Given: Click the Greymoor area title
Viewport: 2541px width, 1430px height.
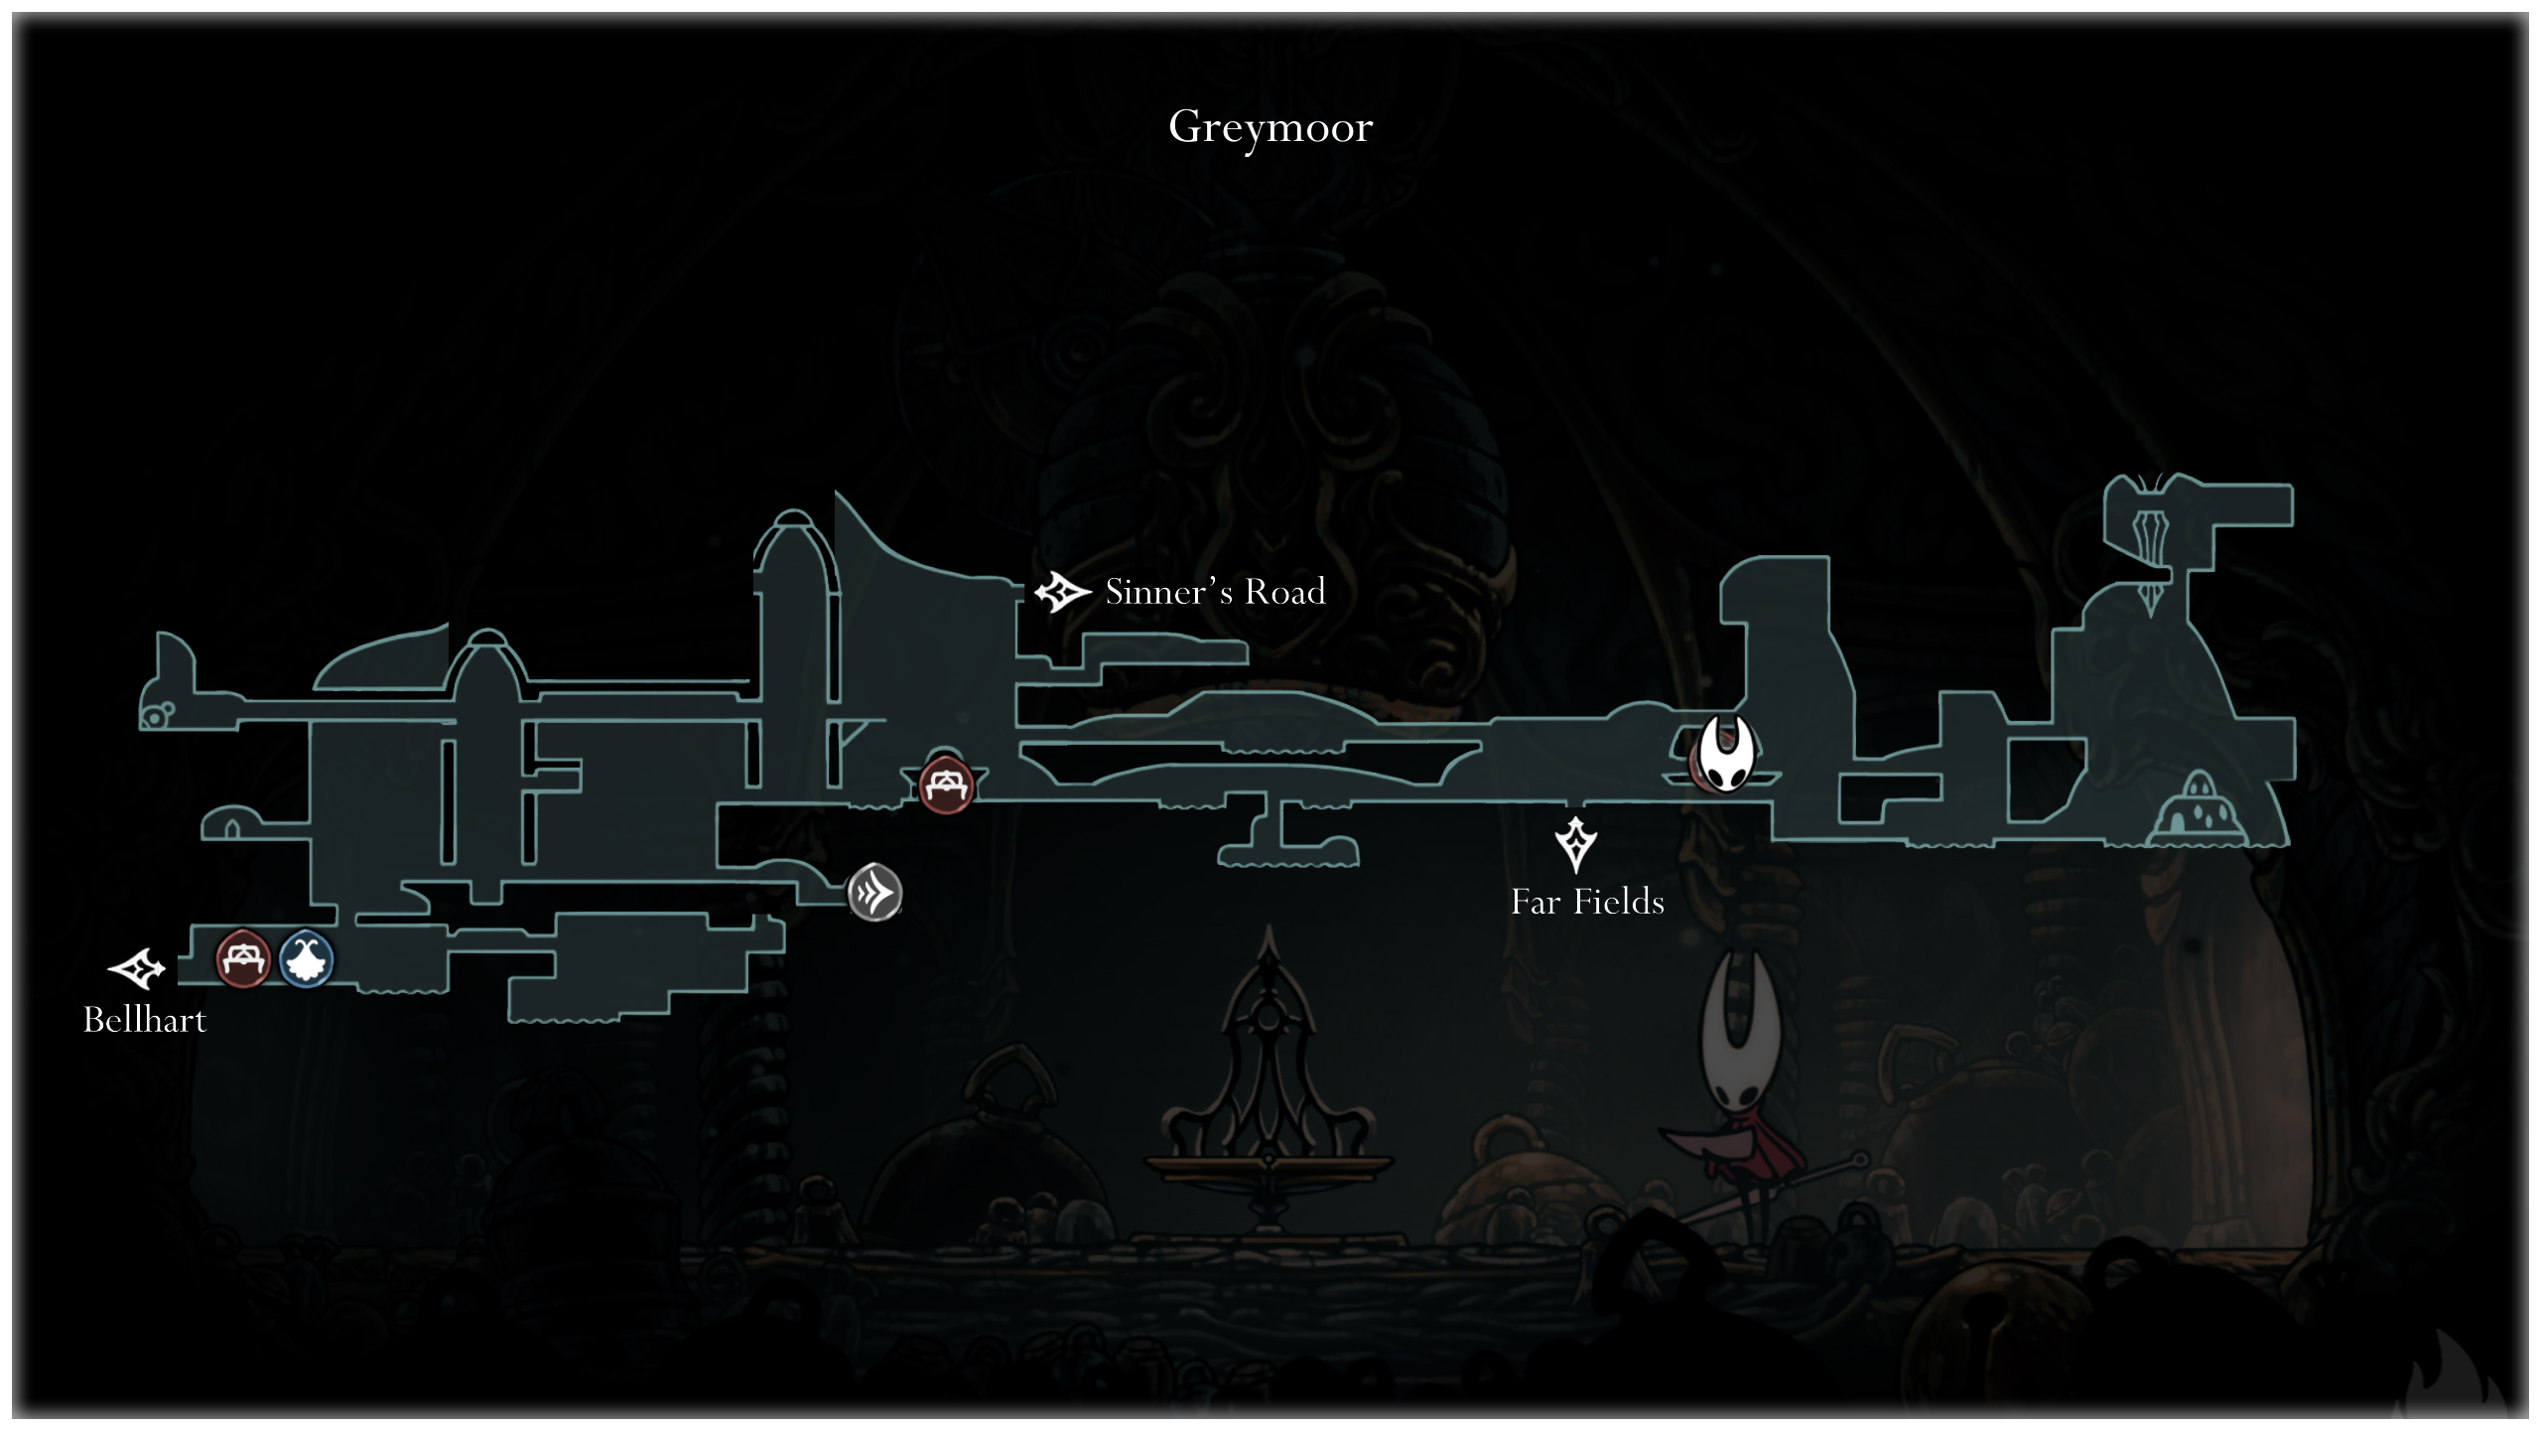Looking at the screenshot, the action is click(1270, 127).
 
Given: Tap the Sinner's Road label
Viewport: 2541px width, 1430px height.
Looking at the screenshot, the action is click(1215, 592).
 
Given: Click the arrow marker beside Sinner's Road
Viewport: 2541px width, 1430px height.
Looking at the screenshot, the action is click(1061, 592).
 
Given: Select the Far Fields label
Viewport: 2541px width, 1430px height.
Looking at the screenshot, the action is click(1586, 902).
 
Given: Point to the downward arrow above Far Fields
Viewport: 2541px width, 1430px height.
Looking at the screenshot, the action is click(1575, 844).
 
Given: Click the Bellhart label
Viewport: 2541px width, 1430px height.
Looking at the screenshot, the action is click(145, 1020).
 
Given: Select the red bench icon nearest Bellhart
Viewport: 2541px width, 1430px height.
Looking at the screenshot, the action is click(242, 959).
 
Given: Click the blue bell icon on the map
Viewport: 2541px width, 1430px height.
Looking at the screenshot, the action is click(306, 959).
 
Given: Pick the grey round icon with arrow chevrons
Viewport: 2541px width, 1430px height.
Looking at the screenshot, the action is click(874, 893).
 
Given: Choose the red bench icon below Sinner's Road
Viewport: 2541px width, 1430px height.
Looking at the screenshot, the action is click(945, 786).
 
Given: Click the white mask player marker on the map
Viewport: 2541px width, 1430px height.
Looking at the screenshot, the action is click(1725, 755).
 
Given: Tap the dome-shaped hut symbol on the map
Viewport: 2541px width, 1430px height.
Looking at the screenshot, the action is click(2199, 809).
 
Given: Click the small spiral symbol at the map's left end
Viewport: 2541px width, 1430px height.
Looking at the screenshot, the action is click(157, 715).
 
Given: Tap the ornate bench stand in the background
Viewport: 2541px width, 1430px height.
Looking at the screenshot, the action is click(1269, 1092).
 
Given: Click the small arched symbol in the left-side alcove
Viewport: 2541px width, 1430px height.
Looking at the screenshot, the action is click(232, 827).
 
